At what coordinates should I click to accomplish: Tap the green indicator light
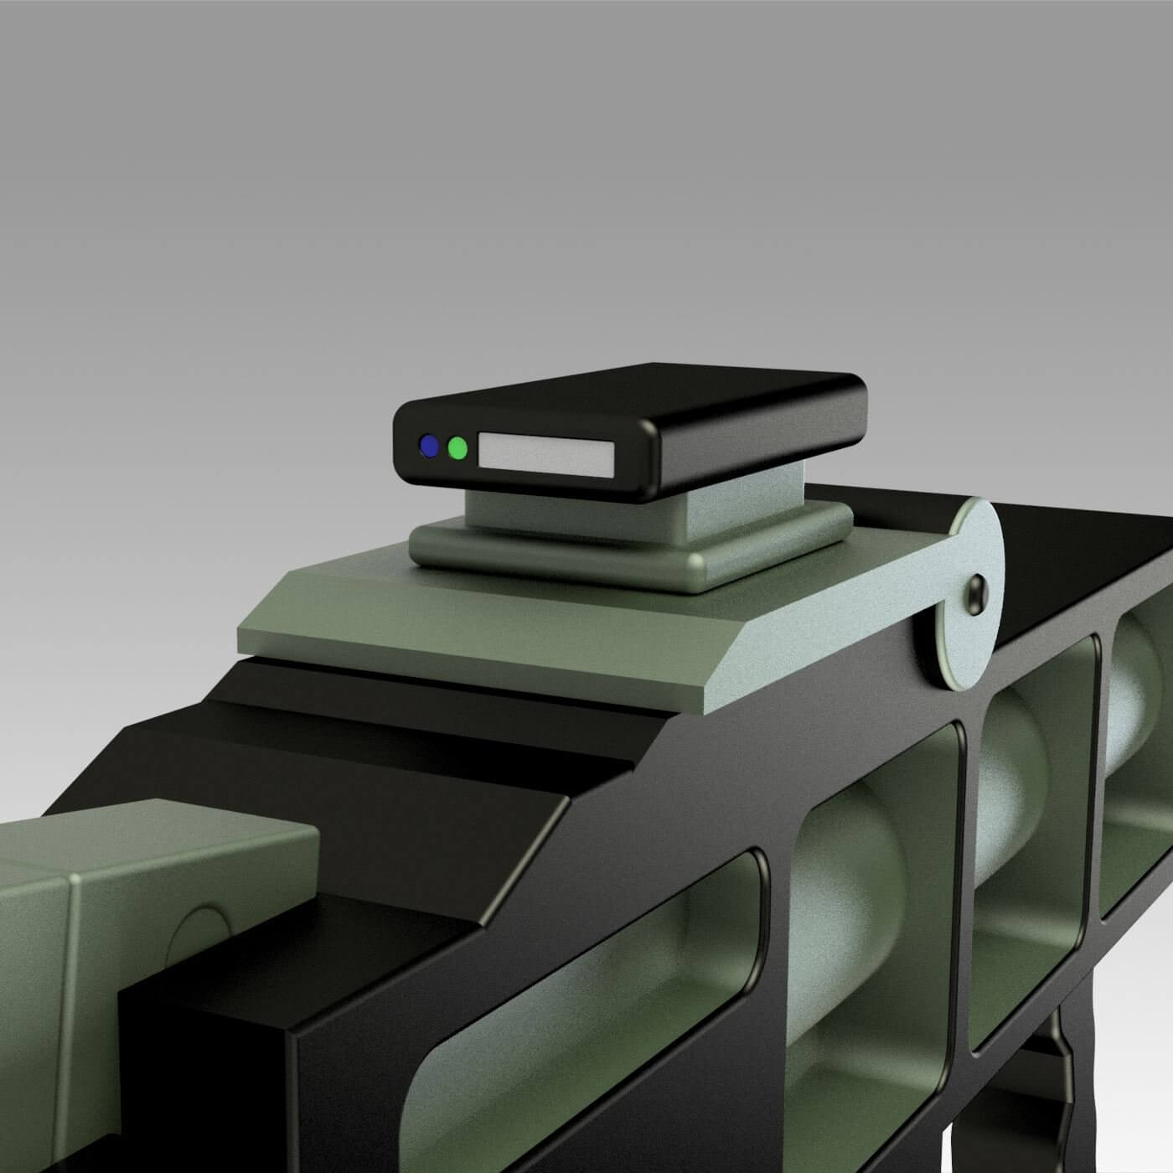pos(457,448)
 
